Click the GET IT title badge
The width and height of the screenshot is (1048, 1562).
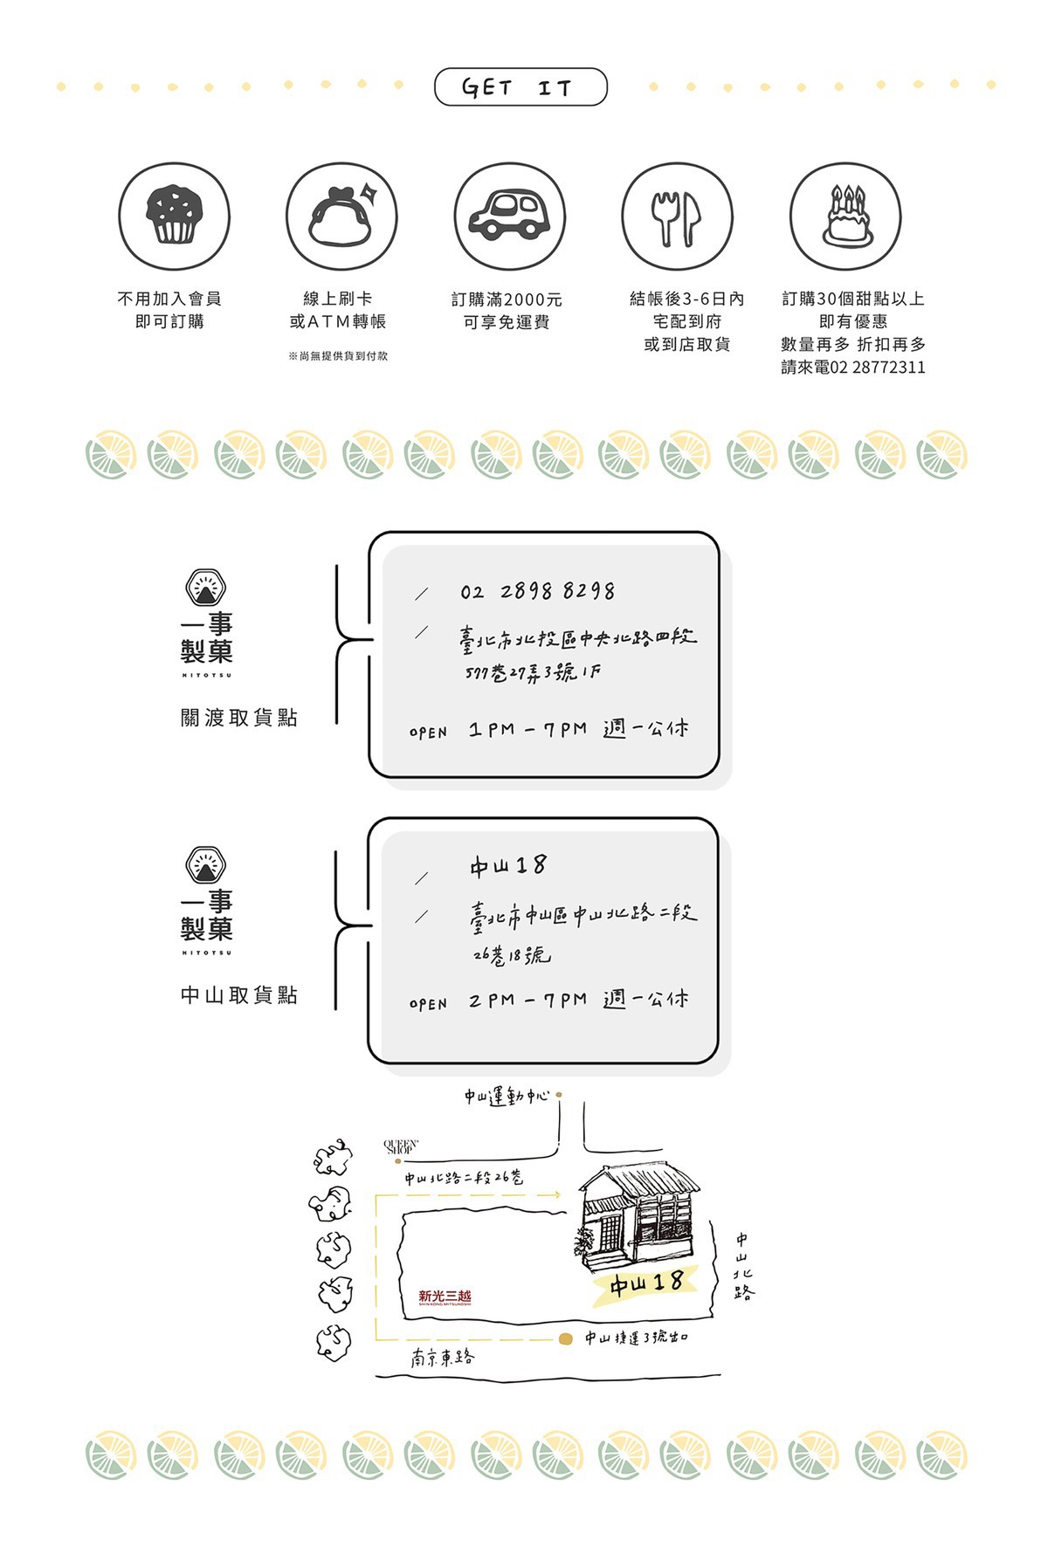coord(520,87)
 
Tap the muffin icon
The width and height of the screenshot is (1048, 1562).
coord(175,216)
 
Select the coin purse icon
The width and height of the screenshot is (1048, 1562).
coord(341,216)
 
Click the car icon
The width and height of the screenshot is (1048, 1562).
coord(509,216)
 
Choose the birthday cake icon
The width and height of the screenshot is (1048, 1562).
coord(845,216)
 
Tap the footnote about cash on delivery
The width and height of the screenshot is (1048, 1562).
coord(338,356)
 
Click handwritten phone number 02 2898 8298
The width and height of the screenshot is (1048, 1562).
coord(537,592)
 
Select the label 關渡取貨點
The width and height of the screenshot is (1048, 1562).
coord(238,718)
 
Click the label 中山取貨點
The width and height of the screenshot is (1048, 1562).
coord(238,995)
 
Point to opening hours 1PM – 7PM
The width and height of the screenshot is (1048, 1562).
coord(527,729)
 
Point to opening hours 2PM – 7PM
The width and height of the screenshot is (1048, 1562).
coord(527,1000)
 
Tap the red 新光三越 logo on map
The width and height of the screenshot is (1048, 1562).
coord(445,1297)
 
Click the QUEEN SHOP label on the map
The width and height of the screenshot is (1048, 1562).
coord(401,1146)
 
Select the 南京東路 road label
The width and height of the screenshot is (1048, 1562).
coord(443,1358)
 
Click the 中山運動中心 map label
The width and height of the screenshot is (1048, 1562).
coord(507,1096)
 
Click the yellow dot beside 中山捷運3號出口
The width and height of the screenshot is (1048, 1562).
coord(566,1338)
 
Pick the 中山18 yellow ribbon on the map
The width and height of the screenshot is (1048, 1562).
coord(645,1283)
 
